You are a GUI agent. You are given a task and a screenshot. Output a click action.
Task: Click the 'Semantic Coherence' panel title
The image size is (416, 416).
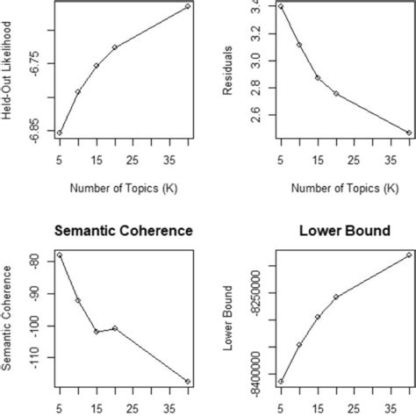point(124,231)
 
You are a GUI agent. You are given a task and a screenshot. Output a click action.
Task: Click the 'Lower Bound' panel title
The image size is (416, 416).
point(352,231)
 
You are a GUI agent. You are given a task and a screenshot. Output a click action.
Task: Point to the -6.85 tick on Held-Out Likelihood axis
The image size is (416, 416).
point(34,133)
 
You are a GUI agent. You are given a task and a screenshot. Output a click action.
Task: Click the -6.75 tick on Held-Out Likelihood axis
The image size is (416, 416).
point(34,63)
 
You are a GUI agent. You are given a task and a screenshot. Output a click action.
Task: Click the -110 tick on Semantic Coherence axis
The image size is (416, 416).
point(34,357)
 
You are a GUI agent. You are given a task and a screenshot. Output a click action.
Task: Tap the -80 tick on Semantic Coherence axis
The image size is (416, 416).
point(34,261)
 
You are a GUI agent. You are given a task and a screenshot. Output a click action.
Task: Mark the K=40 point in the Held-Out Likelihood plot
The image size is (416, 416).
point(188,7)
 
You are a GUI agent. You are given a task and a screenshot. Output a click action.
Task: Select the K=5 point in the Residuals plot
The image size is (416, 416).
point(281,6)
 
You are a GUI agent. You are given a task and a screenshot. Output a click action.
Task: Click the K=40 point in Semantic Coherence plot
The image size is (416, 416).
point(188,382)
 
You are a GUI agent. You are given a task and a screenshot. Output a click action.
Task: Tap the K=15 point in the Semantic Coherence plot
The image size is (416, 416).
point(97,332)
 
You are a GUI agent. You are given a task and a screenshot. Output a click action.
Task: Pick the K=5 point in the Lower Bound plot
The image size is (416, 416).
point(281,382)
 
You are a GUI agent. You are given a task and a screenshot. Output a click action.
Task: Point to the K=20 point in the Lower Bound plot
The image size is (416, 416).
point(336,297)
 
